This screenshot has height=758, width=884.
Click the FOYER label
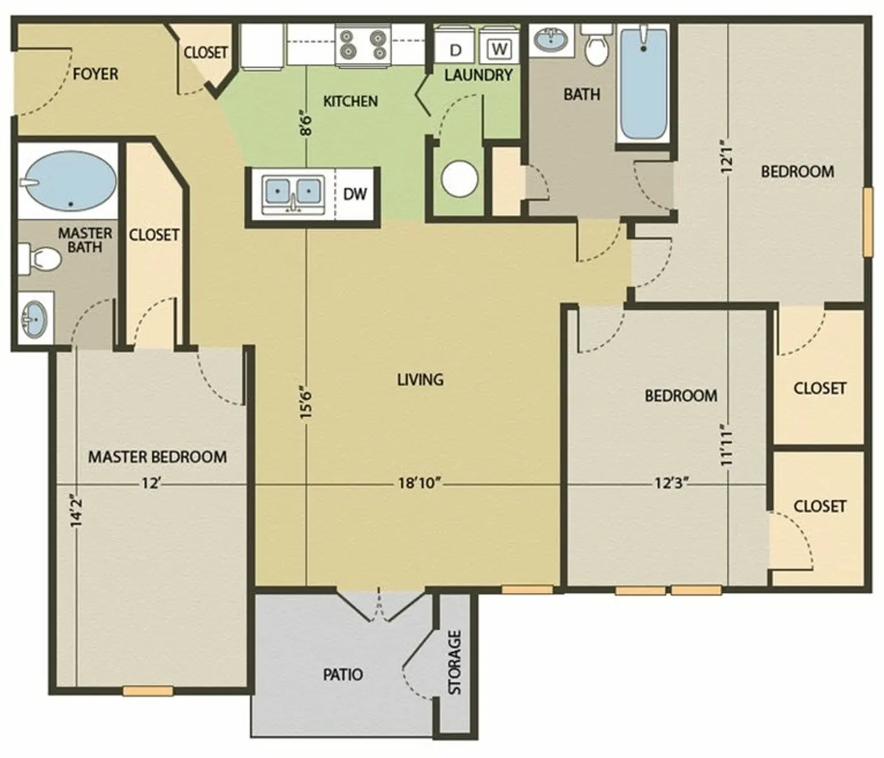(x=95, y=74)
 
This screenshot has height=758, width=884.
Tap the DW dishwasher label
(x=355, y=194)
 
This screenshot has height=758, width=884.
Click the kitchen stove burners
(x=364, y=45)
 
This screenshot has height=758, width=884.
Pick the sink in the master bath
(x=35, y=318)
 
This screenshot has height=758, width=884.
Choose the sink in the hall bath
(x=551, y=39)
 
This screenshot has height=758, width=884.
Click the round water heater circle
(x=459, y=179)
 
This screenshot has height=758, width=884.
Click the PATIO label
(x=343, y=675)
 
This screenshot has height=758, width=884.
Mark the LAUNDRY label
(x=478, y=75)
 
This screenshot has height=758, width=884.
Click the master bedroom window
(x=148, y=691)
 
